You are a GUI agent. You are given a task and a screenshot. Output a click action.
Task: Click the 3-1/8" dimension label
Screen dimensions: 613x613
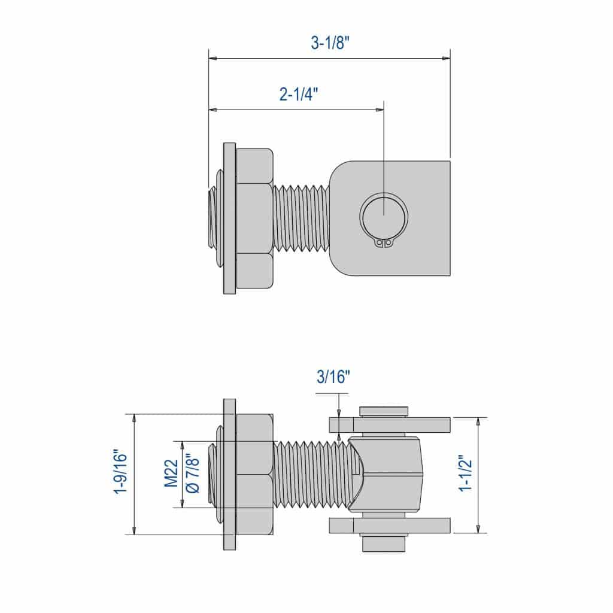330,44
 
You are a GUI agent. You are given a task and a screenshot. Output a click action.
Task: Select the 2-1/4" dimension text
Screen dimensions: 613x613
298,95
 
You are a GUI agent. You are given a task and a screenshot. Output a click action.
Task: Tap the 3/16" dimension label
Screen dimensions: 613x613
332,377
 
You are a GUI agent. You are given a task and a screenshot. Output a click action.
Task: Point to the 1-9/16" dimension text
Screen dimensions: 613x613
122,474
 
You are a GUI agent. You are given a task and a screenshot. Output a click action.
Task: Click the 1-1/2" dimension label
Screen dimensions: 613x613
466,474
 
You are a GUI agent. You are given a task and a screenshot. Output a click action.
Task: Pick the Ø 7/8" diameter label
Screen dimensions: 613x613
192,474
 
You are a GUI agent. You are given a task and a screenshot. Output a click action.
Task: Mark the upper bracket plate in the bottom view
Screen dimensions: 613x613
390,424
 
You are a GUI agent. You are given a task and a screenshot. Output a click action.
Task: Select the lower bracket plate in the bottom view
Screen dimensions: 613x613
390,525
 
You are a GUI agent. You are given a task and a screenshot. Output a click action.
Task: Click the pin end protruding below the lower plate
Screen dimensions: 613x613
384,544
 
